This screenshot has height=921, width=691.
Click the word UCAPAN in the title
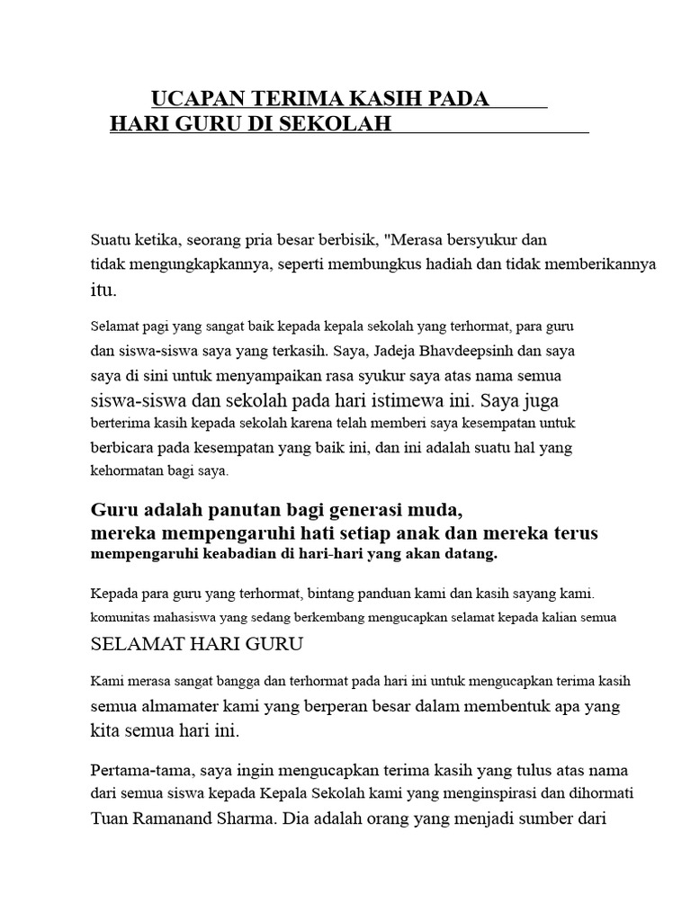(x=194, y=99)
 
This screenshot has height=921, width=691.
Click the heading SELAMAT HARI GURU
(x=198, y=644)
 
